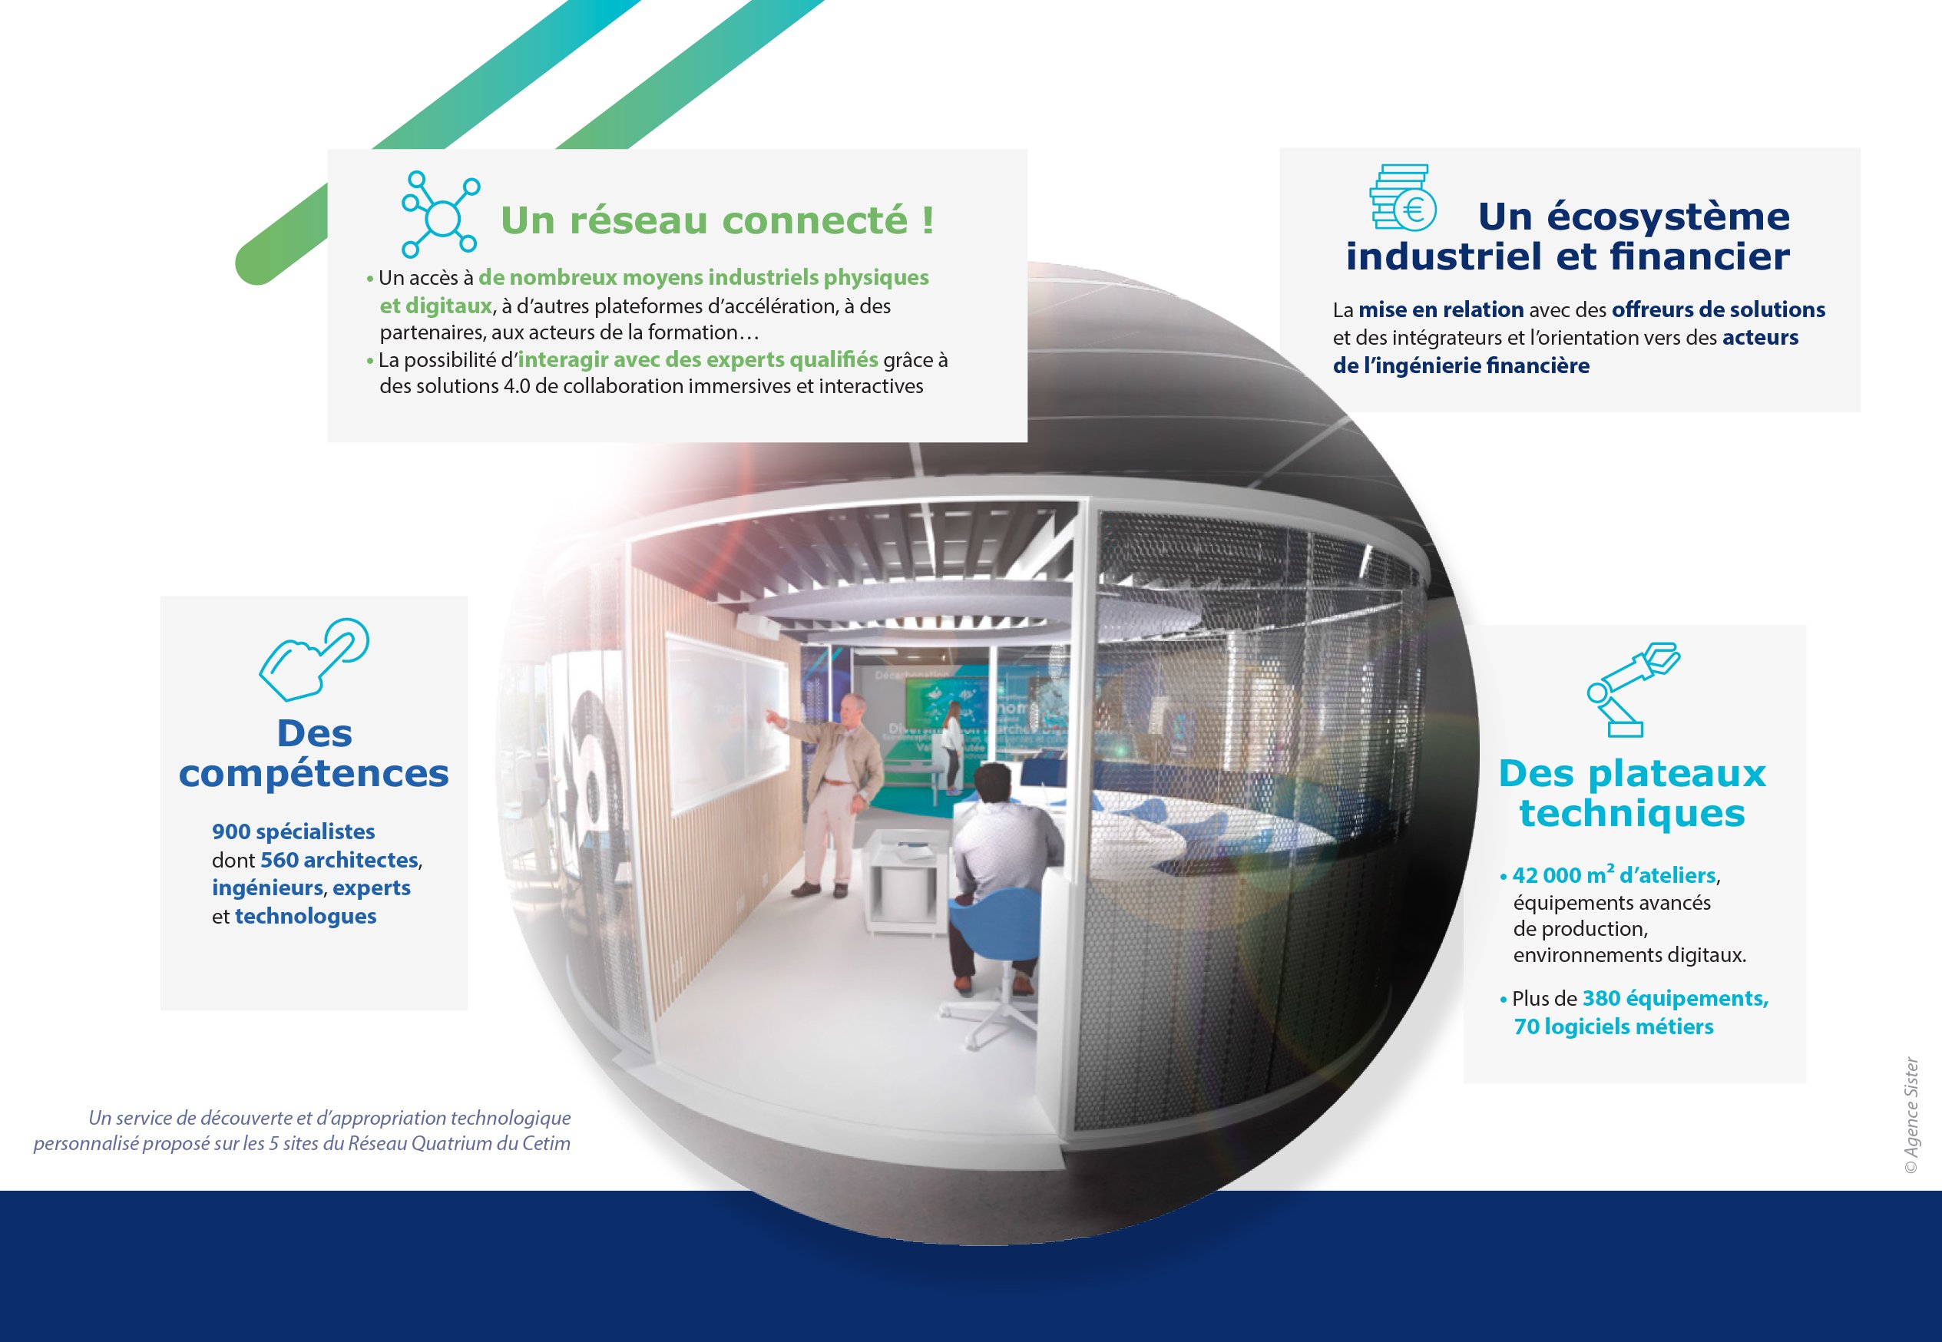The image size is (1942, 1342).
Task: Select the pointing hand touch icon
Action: pyautogui.click(x=315, y=659)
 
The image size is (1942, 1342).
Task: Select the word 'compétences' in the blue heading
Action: pyautogui.click(x=314, y=773)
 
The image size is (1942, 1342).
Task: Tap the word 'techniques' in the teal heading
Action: pyautogui.click(x=1632, y=813)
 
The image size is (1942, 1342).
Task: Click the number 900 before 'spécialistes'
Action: pyautogui.click(x=231, y=831)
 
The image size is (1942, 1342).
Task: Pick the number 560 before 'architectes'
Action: pyautogui.click(x=280, y=860)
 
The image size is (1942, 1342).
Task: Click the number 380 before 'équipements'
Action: pyautogui.click(x=1601, y=998)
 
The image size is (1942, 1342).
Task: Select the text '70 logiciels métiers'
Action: pyautogui.click(x=1613, y=1026)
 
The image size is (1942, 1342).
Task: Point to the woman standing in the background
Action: pyautogui.click(x=952, y=744)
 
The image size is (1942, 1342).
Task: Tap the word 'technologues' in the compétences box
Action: pyautogui.click(x=306, y=916)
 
